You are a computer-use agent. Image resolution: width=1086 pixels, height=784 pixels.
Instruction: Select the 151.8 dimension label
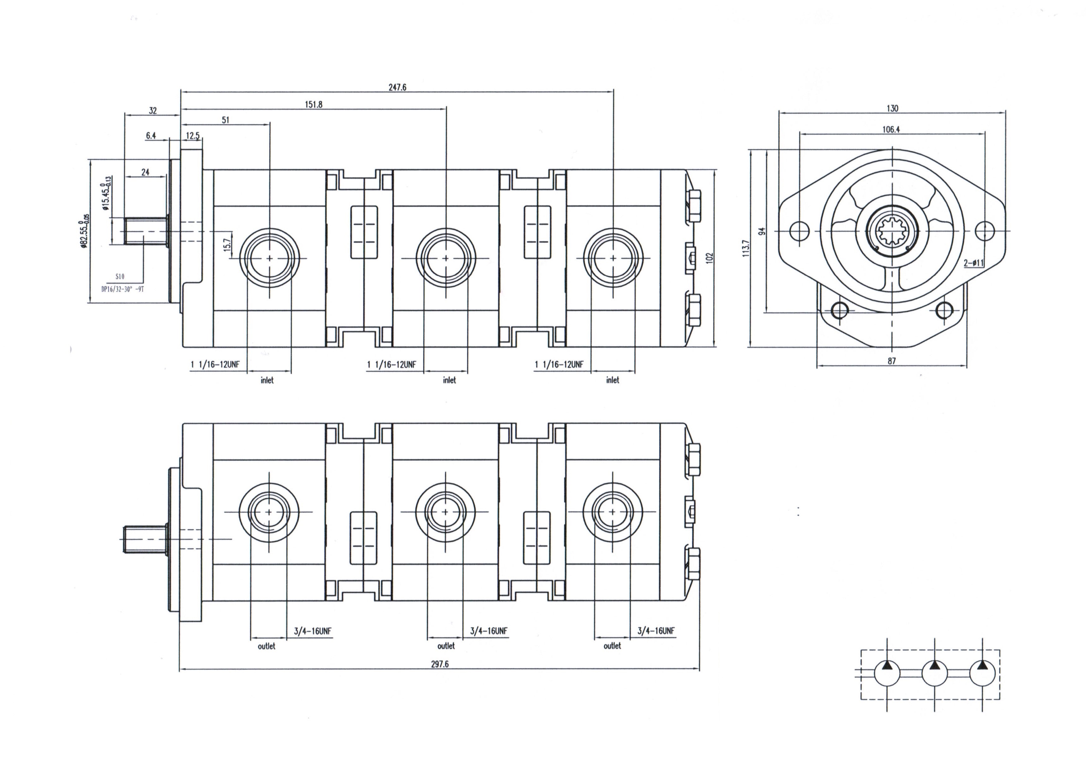[314, 104]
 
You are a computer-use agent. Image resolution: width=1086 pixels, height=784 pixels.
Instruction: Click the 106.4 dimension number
[891, 129]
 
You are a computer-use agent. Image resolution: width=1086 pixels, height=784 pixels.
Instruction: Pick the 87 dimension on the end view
[892, 361]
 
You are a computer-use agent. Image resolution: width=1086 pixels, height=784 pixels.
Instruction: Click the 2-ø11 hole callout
[974, 263]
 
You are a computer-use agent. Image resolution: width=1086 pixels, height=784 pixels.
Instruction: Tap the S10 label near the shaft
[120, 277]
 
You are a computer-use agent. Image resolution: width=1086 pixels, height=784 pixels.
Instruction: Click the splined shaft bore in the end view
[892, 231]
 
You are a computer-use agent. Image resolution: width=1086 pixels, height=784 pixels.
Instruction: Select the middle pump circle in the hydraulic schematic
[934, 673]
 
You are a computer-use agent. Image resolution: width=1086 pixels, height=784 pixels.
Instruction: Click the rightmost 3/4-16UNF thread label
[656, 631]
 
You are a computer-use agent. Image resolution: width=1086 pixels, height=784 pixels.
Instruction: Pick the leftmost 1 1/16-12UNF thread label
[215, 365]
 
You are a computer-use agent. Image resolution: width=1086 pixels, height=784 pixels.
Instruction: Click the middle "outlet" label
[446, 646]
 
